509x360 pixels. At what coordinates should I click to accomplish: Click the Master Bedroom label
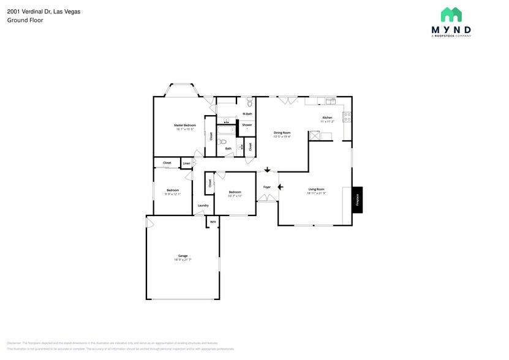[185, 125]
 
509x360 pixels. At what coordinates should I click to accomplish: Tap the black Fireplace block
[356, 200]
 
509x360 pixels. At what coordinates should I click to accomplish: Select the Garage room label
[183, 256]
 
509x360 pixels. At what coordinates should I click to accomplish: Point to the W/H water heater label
[213, 222]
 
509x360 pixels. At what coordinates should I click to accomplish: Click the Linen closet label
[186, 163]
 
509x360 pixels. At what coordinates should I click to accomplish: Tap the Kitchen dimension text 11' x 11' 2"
[327, 122]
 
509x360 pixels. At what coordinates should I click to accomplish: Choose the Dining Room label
[282, 132]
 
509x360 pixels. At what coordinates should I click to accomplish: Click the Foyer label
[267, 187]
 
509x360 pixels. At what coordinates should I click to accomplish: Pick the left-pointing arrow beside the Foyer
[281, 187]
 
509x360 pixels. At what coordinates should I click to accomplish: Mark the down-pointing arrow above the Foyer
[267, 170]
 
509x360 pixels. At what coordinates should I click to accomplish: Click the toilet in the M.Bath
[249, 104]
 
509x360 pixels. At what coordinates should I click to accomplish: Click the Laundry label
[203, 205]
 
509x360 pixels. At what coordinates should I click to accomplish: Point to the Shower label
[247, 125]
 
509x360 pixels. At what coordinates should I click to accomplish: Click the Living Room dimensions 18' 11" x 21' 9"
[316, 193]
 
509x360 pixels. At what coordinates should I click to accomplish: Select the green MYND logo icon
[451, 15]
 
